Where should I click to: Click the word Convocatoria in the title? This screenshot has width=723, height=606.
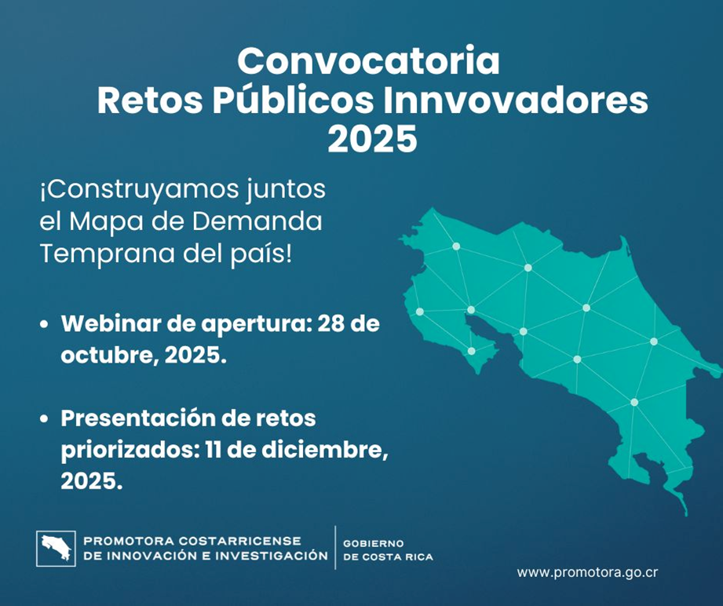tap(368, 61)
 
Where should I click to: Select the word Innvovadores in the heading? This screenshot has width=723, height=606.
tap(516, 100)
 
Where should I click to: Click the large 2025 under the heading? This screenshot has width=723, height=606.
tap(372, 139)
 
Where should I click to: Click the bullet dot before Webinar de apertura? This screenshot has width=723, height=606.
tap(44, 324)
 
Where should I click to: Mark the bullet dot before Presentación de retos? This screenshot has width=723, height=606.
tap(44, 418)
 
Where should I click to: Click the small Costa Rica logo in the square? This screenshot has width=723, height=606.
tap(56, 549)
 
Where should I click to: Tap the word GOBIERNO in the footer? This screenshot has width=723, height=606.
tap(374, 544)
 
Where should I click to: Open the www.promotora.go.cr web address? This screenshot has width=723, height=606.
tap(587, 573)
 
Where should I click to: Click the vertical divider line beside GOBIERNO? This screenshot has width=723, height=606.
tap(335, 547)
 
